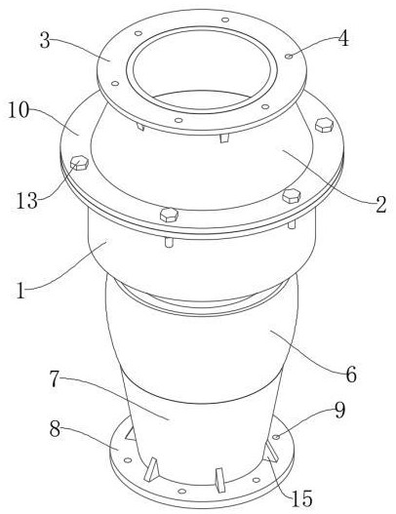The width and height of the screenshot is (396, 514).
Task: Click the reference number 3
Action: (x=45, y=40)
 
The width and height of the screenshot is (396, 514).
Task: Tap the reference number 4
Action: (x=343, y=39)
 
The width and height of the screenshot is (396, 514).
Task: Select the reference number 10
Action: (x=19, y=110)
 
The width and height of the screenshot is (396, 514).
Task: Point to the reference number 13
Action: (x=27, y=200)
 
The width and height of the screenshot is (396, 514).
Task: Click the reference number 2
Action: (x=381, y=205)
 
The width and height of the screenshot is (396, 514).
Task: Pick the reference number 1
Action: (x=21, y=290)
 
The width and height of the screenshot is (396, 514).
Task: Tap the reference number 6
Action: (x=351, y=375)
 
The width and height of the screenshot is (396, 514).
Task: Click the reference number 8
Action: (x=55, y=428)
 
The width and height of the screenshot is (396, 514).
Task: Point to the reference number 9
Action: (x=340, y=410)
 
